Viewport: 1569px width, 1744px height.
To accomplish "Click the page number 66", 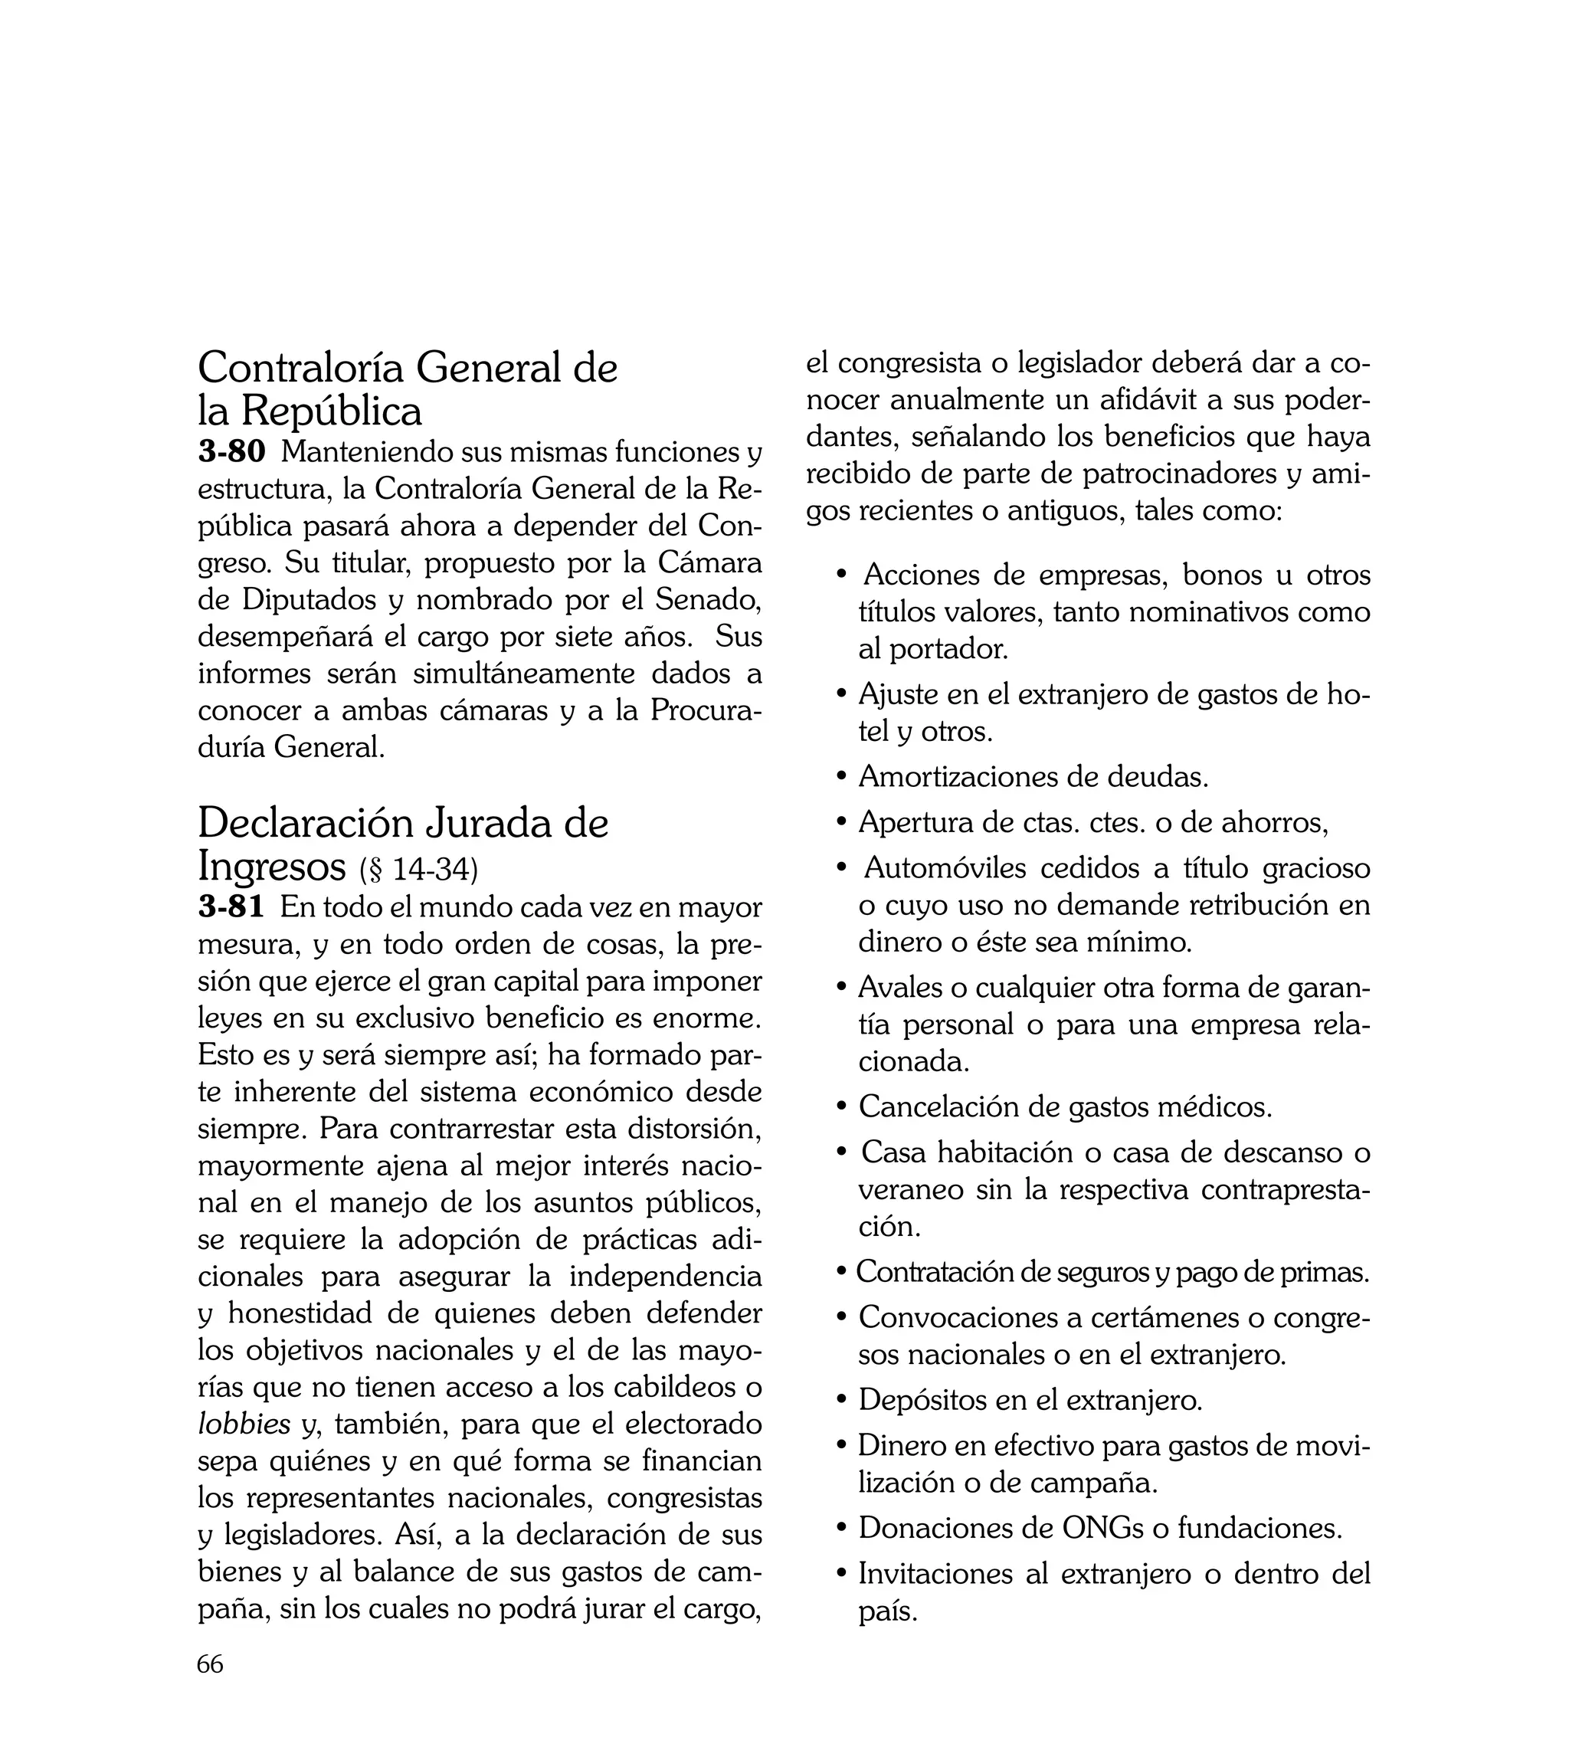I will click(x=211, y=1664).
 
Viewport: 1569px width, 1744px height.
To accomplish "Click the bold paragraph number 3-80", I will click(x=232, y=451).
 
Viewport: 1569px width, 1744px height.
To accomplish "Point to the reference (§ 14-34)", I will click(x=418, y=870).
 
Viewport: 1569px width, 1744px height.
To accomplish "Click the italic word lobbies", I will click(x=244, y=1424).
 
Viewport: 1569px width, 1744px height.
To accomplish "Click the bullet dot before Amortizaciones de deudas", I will click(x=842, y=777).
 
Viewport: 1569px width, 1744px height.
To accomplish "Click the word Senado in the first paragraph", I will click(x=709, y=598).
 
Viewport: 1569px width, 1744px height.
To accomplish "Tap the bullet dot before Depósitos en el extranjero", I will click(x=842, y=1400).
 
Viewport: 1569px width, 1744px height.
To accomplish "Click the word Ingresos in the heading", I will click(x=271, y=867).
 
